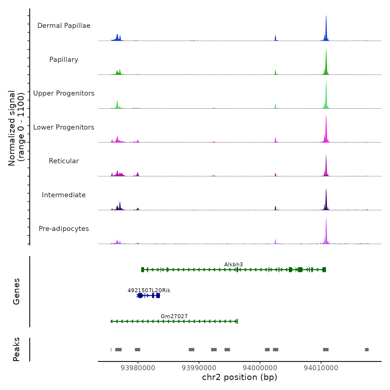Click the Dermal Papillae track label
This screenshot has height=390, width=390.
(x=64, y=26)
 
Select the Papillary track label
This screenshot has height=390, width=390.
(x=64, y=60)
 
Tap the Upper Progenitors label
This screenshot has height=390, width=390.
(x=64, y=93)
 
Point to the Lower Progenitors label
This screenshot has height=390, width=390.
(x=64, y=127)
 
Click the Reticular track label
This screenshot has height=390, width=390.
(x=64, y=161)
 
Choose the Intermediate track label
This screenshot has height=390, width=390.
(x=64, y=195)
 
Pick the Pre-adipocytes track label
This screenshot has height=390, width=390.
(x=64, y=229)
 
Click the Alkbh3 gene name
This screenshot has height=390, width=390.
(x=233, y=265)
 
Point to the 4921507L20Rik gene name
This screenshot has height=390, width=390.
(x=149, y=291)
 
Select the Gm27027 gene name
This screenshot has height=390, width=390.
(x=174, y=316)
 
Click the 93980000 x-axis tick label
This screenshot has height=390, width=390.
(x=138, y=368)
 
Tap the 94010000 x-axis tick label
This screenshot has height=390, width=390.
(x=321, y=368)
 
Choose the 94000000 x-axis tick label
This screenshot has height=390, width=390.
(x=260, y=368)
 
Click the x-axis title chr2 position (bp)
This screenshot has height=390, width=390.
(x=240, y=377)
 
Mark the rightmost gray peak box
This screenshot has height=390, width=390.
(x=367, y=350)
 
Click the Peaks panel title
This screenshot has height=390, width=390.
(x=16, y=349)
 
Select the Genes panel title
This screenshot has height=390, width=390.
(x=16, y=291)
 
